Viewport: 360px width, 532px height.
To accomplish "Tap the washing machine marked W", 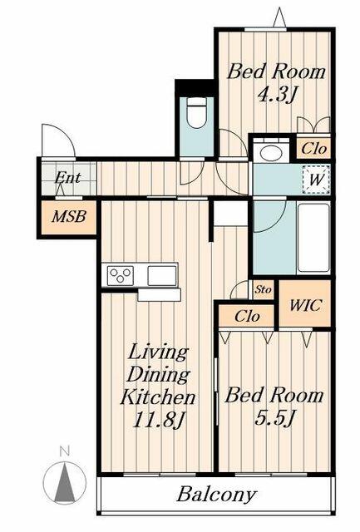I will [x=317, y=178].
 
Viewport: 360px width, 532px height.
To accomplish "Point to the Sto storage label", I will [x=263, y=290].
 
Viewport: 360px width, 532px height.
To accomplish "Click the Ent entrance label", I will [x=67, y=178].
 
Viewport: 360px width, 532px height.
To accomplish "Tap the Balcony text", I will [x=216, y=495].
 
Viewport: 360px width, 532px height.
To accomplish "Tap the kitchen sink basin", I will [x=162, y=273].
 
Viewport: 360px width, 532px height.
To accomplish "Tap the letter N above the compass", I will [x=64, y=452].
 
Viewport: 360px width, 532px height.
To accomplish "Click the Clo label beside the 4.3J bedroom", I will [x=313, y=150].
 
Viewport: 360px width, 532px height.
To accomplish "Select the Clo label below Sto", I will [x=247, y=316].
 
